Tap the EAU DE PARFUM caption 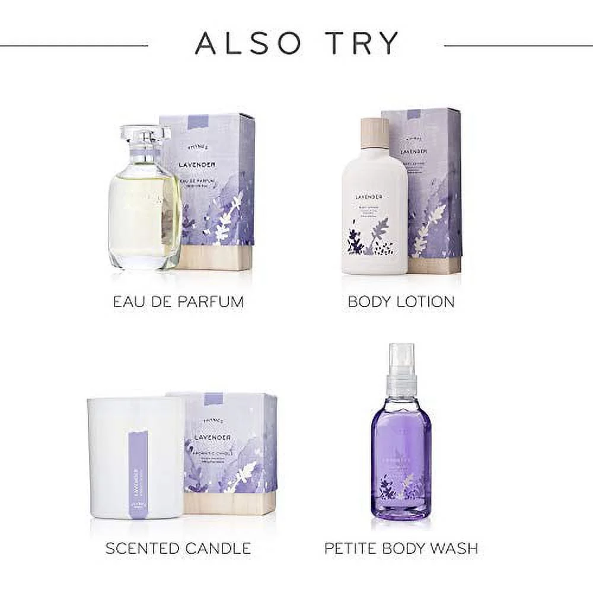[x=178, y=301]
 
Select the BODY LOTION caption [x=401, y=301]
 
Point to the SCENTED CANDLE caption [x=178, y=549]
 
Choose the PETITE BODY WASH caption [x=401, y=549]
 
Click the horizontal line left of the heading [x=74, y=44]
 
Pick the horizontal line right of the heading [x=518, y=44]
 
